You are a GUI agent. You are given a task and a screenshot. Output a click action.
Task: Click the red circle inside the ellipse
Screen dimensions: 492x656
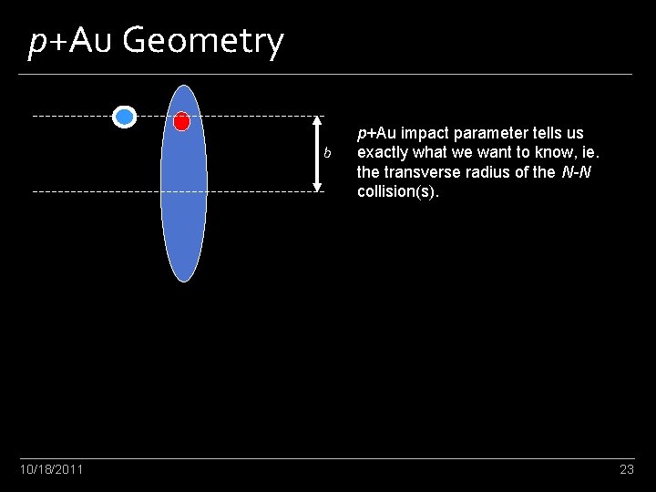181,120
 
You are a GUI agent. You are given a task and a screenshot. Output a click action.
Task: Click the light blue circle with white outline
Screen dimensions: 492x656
125,116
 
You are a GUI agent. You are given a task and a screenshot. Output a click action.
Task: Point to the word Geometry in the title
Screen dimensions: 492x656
202,41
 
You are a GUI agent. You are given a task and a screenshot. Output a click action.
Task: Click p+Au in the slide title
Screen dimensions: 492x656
69,41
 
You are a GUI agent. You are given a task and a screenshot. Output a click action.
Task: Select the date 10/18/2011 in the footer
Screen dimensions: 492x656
52,469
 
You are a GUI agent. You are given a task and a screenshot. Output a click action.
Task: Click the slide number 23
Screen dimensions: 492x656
626,469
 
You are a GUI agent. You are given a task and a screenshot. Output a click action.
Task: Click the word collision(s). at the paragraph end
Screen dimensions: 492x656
397,191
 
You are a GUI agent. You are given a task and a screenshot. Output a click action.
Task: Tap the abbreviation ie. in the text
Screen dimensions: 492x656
589,152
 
